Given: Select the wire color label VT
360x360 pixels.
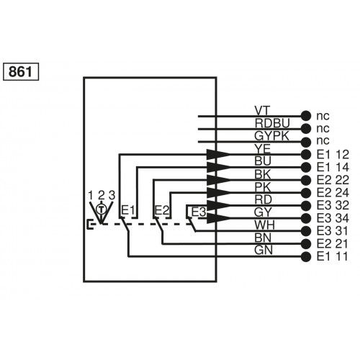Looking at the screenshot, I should [262, 110].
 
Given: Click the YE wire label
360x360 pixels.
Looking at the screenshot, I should [262, 148].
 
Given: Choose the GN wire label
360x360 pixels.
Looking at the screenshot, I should [262, 250].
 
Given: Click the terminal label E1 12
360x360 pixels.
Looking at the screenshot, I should [333, 155].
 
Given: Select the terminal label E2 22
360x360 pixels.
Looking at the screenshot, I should [333, 180].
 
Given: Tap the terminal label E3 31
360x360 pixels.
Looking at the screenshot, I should [333, 230].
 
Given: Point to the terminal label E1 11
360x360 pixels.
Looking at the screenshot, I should [333, 256].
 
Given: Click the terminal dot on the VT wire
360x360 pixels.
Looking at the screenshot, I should [306, 116].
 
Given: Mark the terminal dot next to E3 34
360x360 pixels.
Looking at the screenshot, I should [306, 218].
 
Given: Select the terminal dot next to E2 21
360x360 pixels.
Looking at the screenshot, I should [306, 243].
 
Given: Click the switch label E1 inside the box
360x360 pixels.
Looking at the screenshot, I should [127, 210].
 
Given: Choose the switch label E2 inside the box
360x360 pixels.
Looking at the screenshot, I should [163, 210].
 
